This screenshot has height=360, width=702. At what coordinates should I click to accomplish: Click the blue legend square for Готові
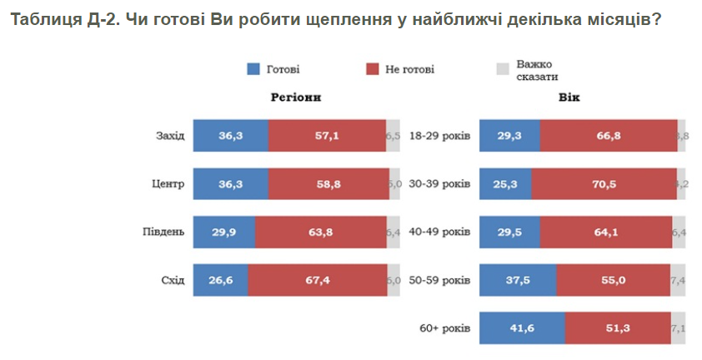[x=254, y=69]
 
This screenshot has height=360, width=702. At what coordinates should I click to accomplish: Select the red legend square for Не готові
[x=372, y=69]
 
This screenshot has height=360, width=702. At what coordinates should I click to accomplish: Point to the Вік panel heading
[x=570, y=97]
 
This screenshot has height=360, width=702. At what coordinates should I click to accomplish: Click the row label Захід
[x=170, y=135]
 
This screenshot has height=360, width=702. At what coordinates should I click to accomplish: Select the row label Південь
[x=165, y=231]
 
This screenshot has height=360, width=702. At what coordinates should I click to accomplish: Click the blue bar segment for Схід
[x=220, y=279]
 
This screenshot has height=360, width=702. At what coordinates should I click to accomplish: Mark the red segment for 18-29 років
[x=609, y=135]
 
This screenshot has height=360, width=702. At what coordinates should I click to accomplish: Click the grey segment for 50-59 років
[x=678, y=279]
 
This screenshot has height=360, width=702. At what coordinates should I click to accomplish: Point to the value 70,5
[x=604, y=183]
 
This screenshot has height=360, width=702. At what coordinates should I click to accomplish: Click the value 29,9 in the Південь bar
[x=224, y=231]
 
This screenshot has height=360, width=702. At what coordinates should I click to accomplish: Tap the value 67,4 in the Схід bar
[x=318, y=279]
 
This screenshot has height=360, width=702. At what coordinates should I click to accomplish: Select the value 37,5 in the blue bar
[x=519, y=279]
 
